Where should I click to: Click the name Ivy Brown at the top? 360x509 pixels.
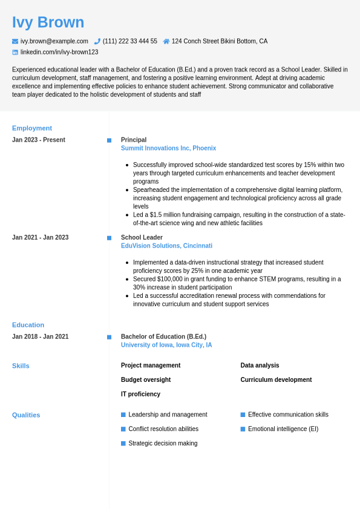(x=48, y=22)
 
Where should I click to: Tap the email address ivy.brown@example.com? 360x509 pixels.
(x=54, y=41)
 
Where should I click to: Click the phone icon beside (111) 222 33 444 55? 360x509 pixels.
(x=97, y=41)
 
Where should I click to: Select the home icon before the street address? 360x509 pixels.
(x=166, y=41)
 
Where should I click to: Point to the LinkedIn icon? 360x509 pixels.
(x=15, y=52)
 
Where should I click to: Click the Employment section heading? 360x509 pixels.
(x=32, y=128)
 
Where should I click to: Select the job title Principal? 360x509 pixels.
(x=134, y=140)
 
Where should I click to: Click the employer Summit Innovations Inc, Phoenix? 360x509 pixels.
(x=168, y=148)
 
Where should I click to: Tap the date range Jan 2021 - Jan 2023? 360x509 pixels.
(x=40, y=237)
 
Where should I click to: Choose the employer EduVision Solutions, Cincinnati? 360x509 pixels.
(x=166, y=246)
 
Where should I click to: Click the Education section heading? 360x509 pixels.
(x=28, y=324)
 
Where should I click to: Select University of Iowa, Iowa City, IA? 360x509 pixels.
(x=166, y=345)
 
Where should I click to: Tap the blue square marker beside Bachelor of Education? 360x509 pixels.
(x=109, y=337)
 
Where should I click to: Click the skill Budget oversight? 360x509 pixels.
(x=146, y=379)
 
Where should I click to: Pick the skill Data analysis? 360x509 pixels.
(x=260, y=365)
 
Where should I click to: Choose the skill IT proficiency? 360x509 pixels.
(x=140, y=394)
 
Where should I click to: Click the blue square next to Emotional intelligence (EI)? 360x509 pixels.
(x=243, y=429)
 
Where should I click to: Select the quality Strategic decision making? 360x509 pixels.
(x=163, y=443)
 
